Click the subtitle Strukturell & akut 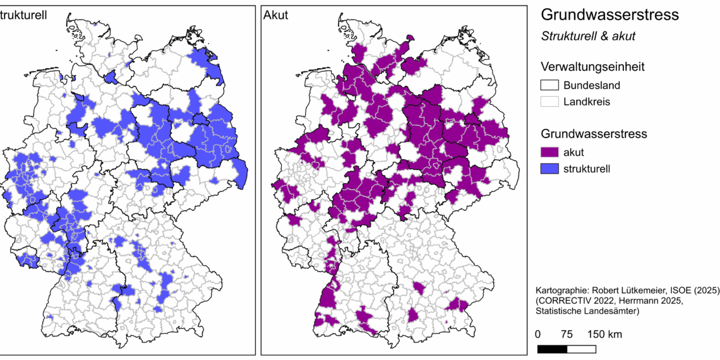point(588,37)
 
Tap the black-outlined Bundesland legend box point(549,86)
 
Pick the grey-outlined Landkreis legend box point(549,102)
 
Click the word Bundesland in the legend point(592,86)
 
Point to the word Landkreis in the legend point(587,102)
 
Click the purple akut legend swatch point(549,152)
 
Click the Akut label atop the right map point(277,14)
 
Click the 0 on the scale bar point(538,334)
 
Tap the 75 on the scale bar point(567,334)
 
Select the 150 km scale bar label point(604,334)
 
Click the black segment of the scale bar point(552,349)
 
